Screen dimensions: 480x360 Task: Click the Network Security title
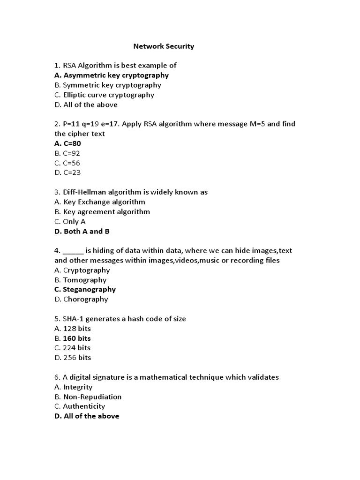coord(164,46)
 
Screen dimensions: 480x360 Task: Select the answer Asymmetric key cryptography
coord(112,75)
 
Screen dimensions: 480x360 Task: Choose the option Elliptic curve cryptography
coord(104,95)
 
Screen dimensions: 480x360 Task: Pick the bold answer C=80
coord(67,143)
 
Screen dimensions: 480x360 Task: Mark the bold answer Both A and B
coord(82,231)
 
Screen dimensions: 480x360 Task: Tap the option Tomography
coord(81,280)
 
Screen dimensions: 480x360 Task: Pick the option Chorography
coord(81,299)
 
